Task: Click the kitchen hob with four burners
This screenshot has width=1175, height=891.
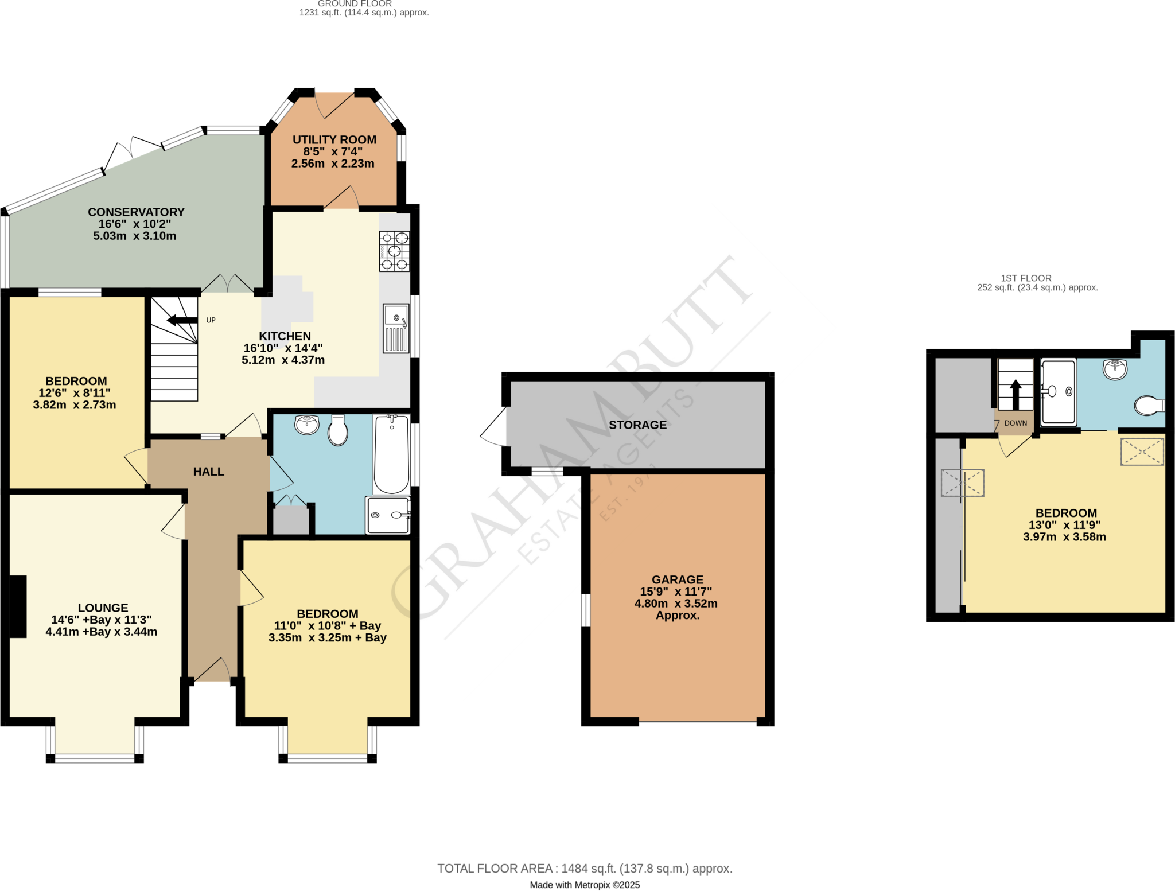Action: [x=394, y=251]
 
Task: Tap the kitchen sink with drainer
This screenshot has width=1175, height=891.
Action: [x=396, y=328]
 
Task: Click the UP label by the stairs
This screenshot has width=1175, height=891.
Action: [x=211, y=320]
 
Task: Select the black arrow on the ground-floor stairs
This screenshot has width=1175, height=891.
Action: [x=181, y=320]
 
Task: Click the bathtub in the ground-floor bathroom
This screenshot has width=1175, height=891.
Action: [x=392, y=454]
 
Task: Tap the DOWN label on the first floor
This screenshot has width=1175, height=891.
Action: [x=1016, y=423]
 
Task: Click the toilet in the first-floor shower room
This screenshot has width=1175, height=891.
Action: [x=1149, y=405]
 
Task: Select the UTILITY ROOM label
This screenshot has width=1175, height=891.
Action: [x=334, y=140]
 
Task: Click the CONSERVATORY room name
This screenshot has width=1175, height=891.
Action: [x=136, y=212]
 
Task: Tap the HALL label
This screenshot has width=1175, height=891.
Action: [x=208, y=472]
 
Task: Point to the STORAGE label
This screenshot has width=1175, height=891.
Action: [x=637, y=425]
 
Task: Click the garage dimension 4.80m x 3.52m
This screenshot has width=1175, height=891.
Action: [x=676, y=604]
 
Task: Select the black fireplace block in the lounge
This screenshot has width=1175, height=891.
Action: [x=18, y=606]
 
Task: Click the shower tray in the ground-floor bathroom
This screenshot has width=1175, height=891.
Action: [x=388, y=515]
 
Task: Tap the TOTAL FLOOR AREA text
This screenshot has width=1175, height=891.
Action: [x=584, y=869]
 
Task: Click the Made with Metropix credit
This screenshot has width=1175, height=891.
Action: [x=584, y=885]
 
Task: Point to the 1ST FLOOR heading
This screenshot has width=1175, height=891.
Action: [x=1026, y=278]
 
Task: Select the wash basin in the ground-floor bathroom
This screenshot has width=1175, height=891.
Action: [x=307, y=425]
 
